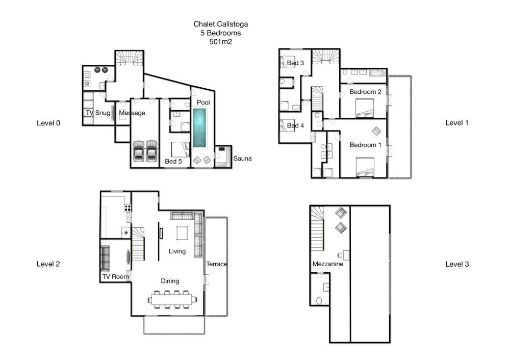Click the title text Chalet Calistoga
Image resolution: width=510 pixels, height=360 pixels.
click(220, 24)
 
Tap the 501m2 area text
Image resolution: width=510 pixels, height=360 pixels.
click(220, 42)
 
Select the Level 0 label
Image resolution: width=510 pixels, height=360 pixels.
click(48, 123)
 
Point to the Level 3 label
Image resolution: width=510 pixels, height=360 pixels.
click(457, 264)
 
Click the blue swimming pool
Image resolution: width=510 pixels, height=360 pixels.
click(199, 128)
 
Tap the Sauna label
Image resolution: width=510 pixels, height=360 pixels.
click(242, 159)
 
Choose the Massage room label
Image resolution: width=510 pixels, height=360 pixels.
click(132, 113)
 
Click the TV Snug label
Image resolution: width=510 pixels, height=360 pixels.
click(98, 113)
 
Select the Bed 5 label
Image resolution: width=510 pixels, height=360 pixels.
click(173, 161)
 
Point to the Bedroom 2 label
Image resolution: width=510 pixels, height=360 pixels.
click(365, 92)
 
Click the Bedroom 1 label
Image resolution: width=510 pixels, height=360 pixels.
click(365, 145)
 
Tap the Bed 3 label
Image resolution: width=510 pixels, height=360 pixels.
click(295, 63)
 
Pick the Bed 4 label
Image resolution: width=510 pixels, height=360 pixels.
click(295, 125)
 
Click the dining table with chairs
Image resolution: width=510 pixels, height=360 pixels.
click(173, 299)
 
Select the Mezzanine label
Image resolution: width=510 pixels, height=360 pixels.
click(328, 264)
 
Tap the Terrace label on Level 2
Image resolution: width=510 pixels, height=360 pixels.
click(217, 264)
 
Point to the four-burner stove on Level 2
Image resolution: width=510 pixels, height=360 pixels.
click(128, 208)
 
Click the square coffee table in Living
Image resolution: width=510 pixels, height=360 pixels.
click(182, 233)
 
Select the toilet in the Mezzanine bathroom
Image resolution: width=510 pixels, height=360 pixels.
click(319, 300)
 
